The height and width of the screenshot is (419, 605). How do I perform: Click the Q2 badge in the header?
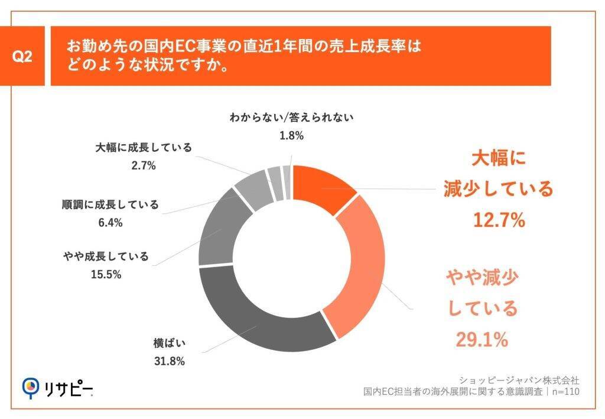point(22,57)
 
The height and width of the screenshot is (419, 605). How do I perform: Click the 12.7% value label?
point(499,220)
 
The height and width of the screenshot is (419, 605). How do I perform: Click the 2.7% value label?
point(144,165)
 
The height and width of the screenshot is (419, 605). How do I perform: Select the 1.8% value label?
point(291,135)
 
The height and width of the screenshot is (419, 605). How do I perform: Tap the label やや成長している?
point(106,256)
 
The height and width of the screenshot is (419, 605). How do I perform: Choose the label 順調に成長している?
point(110,204)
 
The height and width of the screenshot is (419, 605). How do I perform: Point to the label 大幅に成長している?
point(144,148)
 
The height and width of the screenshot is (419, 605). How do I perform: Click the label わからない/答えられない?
point(291,117)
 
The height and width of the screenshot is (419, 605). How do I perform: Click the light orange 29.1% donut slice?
point(362,266)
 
